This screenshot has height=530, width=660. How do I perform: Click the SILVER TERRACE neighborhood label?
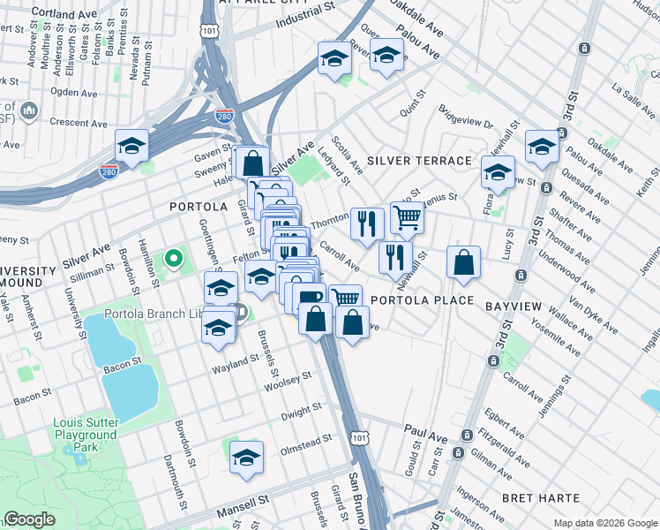point(419,161)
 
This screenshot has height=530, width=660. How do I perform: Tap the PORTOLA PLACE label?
point(416,300)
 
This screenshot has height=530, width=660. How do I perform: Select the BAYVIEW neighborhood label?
point(513,305)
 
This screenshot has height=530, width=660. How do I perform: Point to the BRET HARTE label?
point(540,498)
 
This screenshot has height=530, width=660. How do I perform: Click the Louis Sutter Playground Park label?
point(85,435)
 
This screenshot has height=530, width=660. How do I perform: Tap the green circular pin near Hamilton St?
point(174,260)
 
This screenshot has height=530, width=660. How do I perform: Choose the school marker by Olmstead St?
point(247,458)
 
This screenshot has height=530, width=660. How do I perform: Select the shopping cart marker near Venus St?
point(406,217)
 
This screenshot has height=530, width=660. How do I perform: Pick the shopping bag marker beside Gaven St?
point(252,163)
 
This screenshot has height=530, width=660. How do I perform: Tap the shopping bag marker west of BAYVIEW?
point(463,262)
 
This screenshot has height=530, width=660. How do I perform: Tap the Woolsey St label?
point(289,382)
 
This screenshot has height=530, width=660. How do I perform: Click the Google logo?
point(30,519)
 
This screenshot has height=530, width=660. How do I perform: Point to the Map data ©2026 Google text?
point(604,523)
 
